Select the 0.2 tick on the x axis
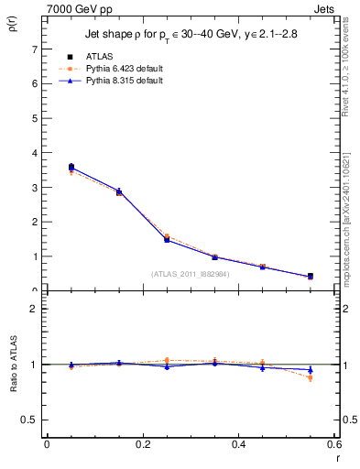pyautogui.click(x=142, y=445)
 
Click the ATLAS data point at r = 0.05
pyautogui.click(x=71, y=167)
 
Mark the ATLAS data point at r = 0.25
pyautogui.click(x=167, y=239)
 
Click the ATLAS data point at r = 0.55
pyautogui.click(x=310, y=277)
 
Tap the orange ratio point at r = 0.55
pyautogui.click(x=310, y=377)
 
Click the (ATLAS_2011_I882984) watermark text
pyautogui.click(x=191, y=273)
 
